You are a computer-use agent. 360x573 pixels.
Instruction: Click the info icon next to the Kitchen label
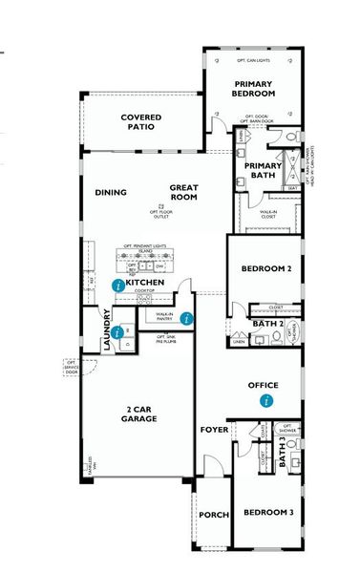point(117,285)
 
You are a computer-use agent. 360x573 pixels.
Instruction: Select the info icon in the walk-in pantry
point(187,318)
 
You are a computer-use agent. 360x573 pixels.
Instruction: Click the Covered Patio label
point(140,121)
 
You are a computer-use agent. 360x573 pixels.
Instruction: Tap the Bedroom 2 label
point(264,268)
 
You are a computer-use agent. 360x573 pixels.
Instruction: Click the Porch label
point(213,515)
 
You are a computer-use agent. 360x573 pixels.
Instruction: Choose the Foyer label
point(212,430)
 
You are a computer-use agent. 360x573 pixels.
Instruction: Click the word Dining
point(111,192)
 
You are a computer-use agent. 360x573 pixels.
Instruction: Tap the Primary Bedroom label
point(255,89)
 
